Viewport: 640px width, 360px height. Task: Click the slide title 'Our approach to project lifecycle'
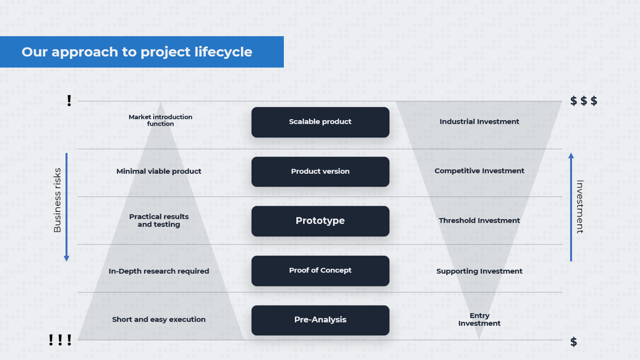[x=137, y=52]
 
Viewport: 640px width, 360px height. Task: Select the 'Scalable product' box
[x=320, y=122]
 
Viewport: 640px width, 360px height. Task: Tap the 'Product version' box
[x=320, y=172]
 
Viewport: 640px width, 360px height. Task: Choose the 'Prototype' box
[x=320, y=221]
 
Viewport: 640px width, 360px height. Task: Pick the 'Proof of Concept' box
[x=320, y=271]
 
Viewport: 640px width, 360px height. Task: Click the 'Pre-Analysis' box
[x=320, y=320]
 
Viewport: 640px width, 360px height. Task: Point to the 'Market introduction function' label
[x=160, y=120]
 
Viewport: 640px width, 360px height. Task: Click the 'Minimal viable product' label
[x=159, y=171]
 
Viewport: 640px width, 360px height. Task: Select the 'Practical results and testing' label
[x=159, y=221]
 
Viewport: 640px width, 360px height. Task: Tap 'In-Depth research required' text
[x=159, y=271]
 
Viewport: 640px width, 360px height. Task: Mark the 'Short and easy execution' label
[x=159, y=319]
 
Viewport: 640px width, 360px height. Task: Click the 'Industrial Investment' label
[x=479, y=122]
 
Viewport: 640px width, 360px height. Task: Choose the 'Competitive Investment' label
[x=479, y=171]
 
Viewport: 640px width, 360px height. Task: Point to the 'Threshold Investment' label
[x=479, y=221]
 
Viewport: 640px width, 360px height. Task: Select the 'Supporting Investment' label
[x=479, y=271]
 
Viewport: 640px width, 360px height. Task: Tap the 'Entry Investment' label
[x=479, y=319]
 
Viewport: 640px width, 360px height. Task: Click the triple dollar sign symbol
[x=583, y=101]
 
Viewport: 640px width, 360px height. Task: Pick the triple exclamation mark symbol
[x=60, y=341]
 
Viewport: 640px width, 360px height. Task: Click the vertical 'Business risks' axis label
[x=57, y=200]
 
